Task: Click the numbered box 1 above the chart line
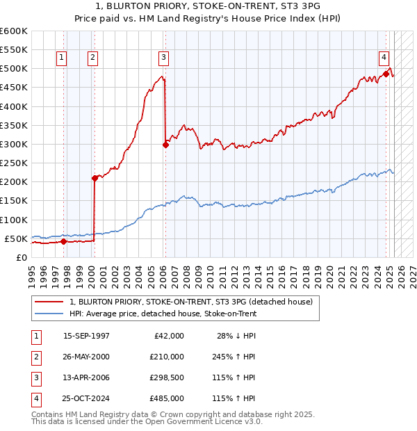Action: [62, 58]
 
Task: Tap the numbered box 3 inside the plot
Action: [163, 58]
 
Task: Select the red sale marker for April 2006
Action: [165, 145]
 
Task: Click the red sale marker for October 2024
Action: [386, 74]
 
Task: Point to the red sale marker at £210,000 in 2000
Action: [95, 178]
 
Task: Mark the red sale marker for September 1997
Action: [63, 242]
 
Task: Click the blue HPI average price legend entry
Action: [163, 314]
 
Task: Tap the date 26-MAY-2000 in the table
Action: [86, 357]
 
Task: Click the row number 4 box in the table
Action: [35, 399]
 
